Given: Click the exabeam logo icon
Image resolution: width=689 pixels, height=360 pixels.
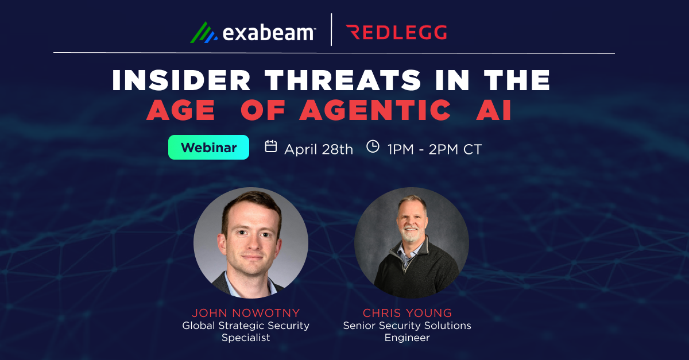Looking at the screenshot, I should [203, 32].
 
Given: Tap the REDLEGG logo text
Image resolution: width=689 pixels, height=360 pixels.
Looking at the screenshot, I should [397, 33].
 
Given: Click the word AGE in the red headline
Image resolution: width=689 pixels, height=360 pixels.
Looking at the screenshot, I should [181, 110].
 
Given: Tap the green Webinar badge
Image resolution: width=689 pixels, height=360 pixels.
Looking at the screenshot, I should [208, 148].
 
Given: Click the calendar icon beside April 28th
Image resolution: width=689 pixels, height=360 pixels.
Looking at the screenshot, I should [271, 147].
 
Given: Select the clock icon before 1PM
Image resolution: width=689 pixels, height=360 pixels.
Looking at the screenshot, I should [373, 147].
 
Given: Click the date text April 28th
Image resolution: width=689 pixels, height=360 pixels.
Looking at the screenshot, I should [319, 149].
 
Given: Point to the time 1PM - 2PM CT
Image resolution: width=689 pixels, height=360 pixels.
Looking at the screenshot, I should [434, 149].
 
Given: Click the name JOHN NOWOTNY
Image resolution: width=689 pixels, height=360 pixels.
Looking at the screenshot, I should [246, 313].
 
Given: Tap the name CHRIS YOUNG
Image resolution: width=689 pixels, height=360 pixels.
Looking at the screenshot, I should [407, 313].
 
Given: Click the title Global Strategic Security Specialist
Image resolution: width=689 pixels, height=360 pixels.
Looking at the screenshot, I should [246, 331].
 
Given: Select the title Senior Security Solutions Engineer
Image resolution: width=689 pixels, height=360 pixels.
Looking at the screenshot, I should [407, 331].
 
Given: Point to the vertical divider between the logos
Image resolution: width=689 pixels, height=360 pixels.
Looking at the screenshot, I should [331, 30].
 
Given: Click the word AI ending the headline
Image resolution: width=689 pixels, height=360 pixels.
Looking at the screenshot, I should [493, 110].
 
